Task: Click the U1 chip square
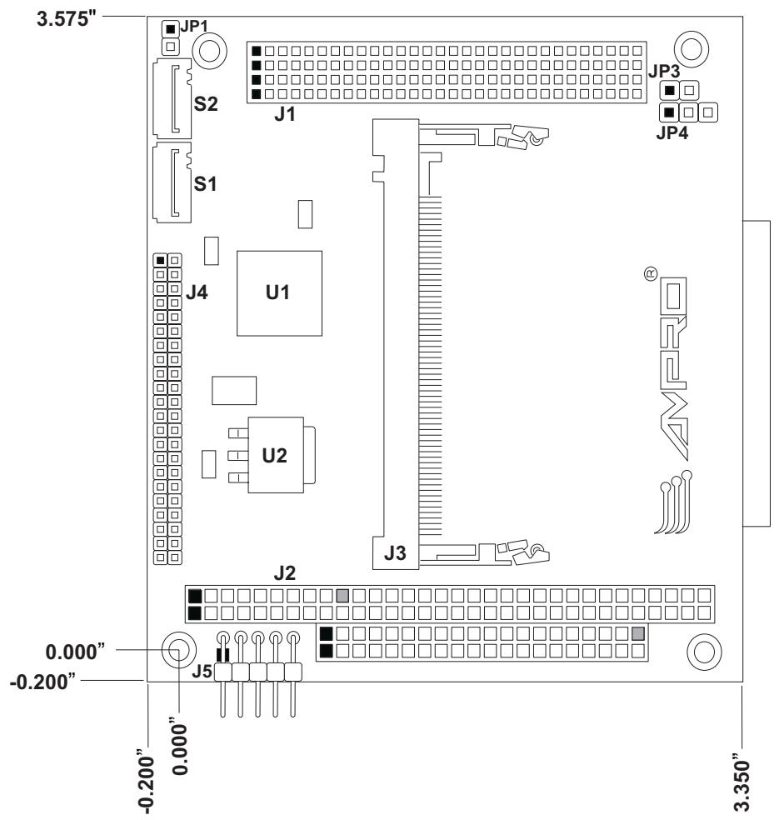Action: (x=279, y=292)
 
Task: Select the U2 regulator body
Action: (x=276, y=454)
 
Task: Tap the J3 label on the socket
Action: (x=395, y=552)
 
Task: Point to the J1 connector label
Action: (x=285, y=114)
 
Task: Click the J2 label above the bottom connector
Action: (x=285, y=573)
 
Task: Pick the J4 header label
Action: (x=197, y=292)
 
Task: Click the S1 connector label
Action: (x=205, y=184)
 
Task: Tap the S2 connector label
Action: (x=206, y=104)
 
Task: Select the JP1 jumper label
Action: (x=194, y=26)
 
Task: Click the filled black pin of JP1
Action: (x=169, y=29)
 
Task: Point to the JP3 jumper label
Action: (x=664, y=71)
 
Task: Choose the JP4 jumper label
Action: (x=672, y=132)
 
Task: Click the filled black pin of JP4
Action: (x=669, y=112)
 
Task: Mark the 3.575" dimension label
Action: (x=67, y=19)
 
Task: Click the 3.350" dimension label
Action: (x=742, y=782)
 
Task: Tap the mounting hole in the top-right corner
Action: (x=692, y=49)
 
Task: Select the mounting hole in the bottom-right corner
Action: (x=704, y=652)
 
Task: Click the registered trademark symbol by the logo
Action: (x=651, y=274)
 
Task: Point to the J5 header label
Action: (x=202, y=671)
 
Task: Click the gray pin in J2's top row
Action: (x=343, y=595)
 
